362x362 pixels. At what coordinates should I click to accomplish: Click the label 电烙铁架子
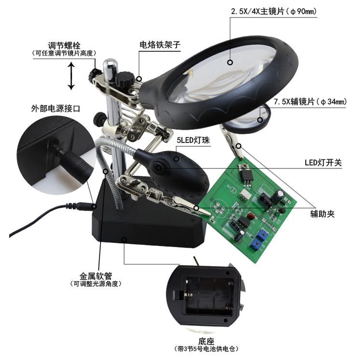[160, 44]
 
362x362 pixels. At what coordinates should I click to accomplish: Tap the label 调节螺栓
[64, 45]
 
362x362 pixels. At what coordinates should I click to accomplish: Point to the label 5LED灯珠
[194, 140]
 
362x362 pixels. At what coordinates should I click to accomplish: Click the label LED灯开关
[323, 163]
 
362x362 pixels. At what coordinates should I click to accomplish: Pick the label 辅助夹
[322, 214]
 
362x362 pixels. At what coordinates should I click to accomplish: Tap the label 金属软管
[96, 276]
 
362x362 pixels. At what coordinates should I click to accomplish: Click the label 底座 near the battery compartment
[206, 341]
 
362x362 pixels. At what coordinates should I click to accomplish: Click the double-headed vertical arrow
[71, 76]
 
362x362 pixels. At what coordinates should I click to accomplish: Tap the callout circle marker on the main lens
[230, 62]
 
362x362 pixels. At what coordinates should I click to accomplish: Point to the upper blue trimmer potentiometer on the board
[262, 233]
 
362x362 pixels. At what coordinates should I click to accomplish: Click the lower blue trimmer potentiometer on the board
[257, 244]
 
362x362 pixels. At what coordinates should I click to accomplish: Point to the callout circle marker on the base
[124, 239]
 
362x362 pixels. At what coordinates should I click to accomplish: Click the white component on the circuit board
[244, 194]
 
